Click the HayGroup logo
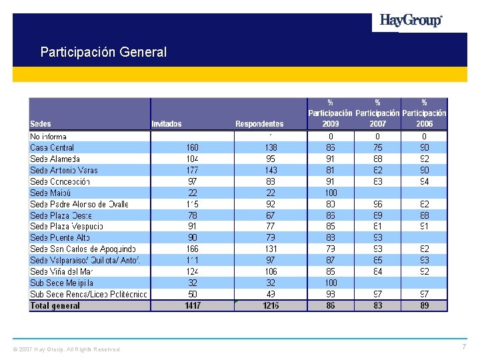point(411,21)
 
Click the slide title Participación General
point(103,51)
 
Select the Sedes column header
point(41,124)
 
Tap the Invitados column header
point(167,124)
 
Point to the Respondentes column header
point(259,124)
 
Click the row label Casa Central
point(52,147)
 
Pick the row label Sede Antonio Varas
point(64,170)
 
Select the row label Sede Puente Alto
point(60,238)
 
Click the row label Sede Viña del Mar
point(61,272)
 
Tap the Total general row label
point(55,306)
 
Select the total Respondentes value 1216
point(270,306)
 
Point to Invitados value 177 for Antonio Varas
point(192,170)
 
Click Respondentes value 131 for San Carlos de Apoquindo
point(270,249)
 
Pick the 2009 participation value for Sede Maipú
point(331,193)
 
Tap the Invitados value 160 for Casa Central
point(192,147)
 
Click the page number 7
point(464,347)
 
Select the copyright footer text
point(67,349)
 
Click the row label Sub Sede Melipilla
point(61,283)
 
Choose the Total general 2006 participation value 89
point(425,306)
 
